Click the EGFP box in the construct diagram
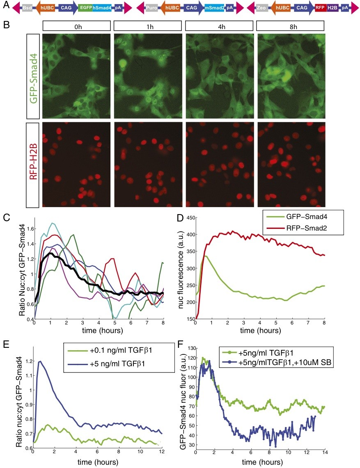pos(85,8)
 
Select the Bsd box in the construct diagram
pos(28,8)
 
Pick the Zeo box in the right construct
pos(261,8)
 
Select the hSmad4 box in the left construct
pos(101,8)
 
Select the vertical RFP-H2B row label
pos(33,164)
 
